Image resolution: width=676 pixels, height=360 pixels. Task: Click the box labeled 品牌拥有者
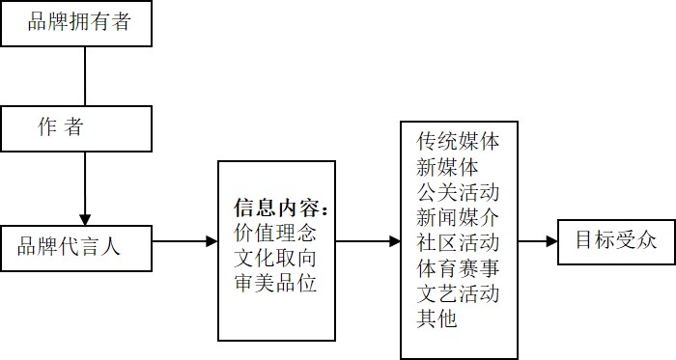coord(78,23)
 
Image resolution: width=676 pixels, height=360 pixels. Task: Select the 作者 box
coord(78,128)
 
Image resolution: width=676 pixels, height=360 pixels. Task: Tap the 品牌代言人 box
coord(78,247)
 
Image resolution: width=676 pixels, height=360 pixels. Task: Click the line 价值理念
coord(275,233)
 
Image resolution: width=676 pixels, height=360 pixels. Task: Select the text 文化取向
coord(275,258)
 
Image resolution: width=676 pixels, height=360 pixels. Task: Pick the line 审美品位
coord(275,283)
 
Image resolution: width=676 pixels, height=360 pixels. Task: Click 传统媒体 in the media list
coord(458,142)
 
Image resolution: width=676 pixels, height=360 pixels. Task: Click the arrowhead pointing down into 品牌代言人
coord(86,218)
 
